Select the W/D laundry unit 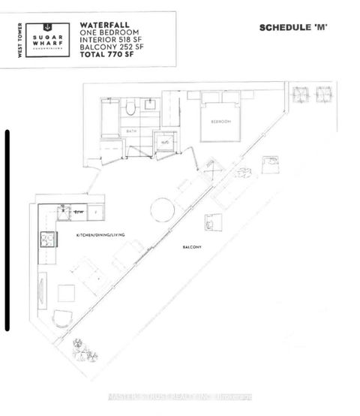[163, 140]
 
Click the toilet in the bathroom [130, 108]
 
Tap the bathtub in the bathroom [110, 117]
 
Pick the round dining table [162, 210]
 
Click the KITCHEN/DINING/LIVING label [100, 236]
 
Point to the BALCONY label [194, 246]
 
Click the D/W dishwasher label [78, 213]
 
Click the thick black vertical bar [7, 230]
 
